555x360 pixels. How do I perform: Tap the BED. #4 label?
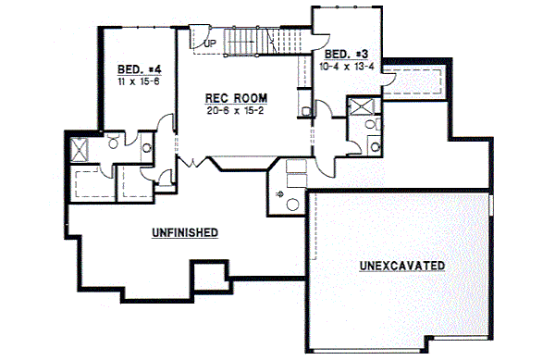(139, 69)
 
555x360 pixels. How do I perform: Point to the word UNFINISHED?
(185, 232)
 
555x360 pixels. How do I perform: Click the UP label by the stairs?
(210, 43)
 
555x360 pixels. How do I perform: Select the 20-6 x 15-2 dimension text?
(237, 110)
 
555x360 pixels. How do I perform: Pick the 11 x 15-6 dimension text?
(138, 81)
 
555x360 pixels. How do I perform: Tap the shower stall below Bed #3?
(357, 108)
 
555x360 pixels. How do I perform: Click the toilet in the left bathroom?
(112, 143)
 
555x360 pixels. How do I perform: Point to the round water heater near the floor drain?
(293, 203)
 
